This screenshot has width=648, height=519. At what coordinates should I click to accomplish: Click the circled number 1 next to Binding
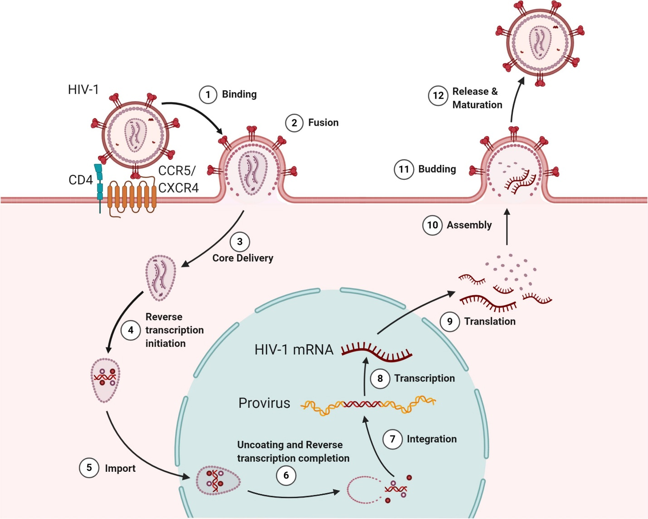(208, 94)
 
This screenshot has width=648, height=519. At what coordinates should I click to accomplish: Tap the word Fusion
(323, 123)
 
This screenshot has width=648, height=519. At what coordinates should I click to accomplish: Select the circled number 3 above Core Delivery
(240, 242)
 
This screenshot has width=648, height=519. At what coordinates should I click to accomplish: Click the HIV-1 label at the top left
(83, 89)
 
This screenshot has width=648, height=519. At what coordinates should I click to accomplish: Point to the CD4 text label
(81, 180)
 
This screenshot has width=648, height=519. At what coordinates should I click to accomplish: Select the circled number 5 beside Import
(89, 468)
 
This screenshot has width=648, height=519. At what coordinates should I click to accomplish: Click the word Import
(120, 468)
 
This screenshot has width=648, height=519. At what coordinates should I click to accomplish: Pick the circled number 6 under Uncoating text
(286, 475)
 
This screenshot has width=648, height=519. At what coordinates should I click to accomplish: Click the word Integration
(432, 439)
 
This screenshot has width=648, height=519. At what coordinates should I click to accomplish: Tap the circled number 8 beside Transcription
(380, 378)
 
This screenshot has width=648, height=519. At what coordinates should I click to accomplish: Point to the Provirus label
(264, 403)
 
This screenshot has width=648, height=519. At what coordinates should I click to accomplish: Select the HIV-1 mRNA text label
(294, 350)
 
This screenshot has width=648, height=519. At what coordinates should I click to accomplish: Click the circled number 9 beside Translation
(450, 321)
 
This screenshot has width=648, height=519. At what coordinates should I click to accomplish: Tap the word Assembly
(469, 225)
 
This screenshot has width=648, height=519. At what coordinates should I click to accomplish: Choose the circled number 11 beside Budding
(404, 169)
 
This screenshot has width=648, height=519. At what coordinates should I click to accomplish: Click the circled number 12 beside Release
(438, 96)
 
